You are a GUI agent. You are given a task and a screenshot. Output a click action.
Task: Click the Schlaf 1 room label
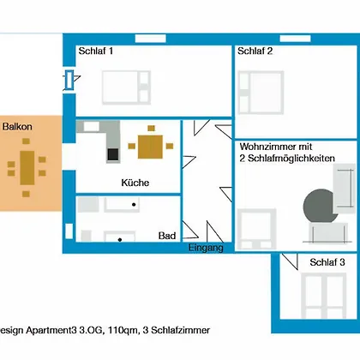click(96, 51)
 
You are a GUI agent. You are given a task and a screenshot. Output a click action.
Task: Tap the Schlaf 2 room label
click(255, 51)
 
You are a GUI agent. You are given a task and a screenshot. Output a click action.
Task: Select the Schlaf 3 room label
click(327, 262)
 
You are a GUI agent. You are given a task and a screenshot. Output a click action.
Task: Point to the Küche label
click(135, 183)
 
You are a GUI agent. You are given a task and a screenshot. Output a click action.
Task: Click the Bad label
click(167, 236)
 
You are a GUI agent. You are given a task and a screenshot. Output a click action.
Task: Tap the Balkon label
click(17, 127)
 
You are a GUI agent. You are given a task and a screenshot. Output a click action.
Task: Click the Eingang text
click(206, 248)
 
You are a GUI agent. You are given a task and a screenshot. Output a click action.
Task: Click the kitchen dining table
click(150, 147)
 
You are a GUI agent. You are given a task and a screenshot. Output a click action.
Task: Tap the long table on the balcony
click(27, 168)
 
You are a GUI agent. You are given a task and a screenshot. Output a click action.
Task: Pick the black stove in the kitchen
click(113, 154)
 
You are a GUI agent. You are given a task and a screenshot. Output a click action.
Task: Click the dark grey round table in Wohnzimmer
click(320, 206)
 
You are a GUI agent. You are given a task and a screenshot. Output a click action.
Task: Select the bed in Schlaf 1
click(126, 87)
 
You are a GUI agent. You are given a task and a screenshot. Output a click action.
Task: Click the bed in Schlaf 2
click(261, 93)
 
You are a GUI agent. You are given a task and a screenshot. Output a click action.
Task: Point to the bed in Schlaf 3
click(323, 296)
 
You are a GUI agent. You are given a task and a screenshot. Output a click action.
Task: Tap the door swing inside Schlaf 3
click(290, 261)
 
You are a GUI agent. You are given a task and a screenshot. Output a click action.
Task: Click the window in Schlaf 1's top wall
click(150, 39)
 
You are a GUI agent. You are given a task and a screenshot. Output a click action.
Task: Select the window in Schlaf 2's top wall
click(295, 38)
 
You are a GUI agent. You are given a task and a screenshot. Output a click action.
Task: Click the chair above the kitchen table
click(151, 129)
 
